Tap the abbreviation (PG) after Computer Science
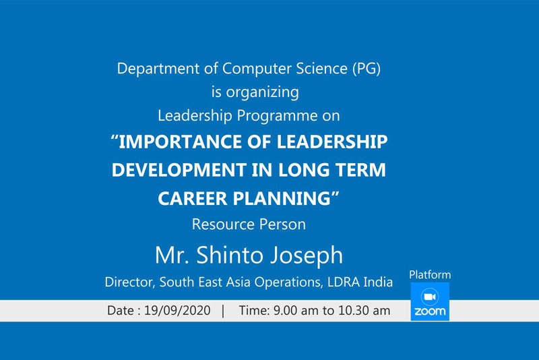click(367, 68)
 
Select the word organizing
click(262, 92)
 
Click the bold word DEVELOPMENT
click(179, 170)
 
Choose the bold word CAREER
click(193, 198)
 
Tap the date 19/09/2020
click(177, 311)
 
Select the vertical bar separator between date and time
click(224, 311)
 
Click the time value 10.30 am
click(364, 311)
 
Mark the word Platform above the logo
click(430, 275)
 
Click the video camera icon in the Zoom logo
click(430, 297)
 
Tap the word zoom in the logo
click(430, 311)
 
